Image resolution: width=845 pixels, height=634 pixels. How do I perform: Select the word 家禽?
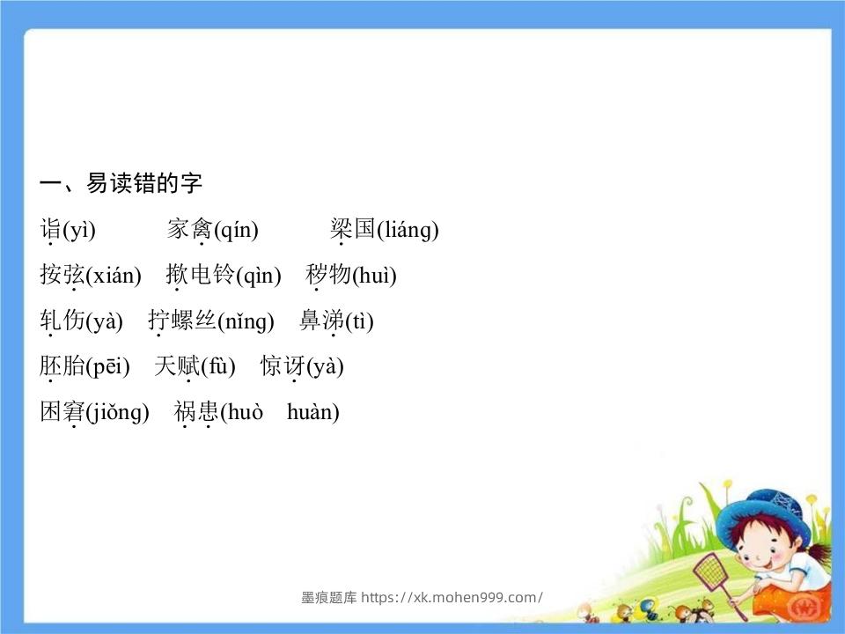point(189,231)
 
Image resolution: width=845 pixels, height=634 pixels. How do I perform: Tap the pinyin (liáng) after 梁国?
point(407,231)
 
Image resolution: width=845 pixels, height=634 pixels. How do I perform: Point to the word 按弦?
point(62,276)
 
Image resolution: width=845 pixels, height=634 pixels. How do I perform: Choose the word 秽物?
point(328,276)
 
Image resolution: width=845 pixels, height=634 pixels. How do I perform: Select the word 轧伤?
point(62,321)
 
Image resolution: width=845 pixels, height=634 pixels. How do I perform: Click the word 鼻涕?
point(320,321)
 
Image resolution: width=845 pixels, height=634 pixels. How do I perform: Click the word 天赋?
point(177,366)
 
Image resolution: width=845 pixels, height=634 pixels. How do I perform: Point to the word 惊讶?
point(283,366)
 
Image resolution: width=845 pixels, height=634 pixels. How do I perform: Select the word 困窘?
point(62,412)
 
